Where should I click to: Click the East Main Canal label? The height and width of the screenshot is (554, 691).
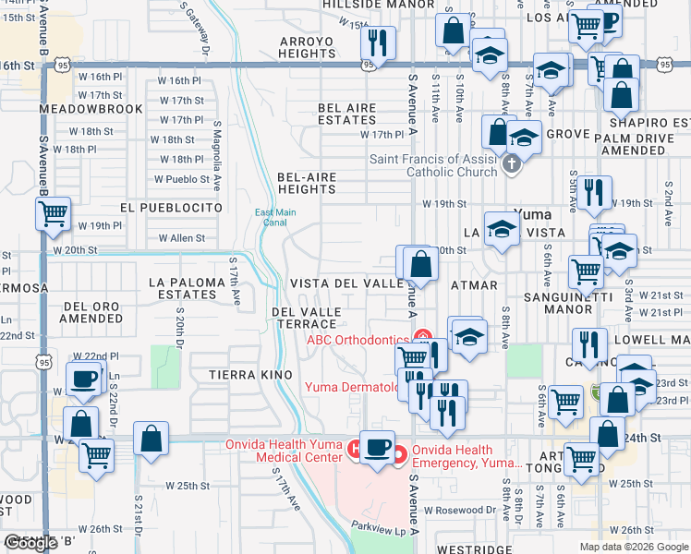(275, 218)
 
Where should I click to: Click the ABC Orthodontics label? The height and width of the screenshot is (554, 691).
(357, 339)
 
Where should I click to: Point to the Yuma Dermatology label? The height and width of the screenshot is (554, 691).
(351, 386)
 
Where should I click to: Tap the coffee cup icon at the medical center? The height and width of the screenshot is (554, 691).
(376, 448)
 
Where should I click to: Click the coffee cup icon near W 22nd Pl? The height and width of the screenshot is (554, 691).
(84, 379)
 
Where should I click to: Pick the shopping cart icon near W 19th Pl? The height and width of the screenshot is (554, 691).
(54, 213)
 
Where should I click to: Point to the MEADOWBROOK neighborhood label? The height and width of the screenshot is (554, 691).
(91, 109)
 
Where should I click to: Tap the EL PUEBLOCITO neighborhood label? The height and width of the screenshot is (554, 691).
(171, 209)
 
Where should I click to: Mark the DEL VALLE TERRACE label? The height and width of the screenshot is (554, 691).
(310, 319)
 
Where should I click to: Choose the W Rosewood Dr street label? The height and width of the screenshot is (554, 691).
(459, 510)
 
